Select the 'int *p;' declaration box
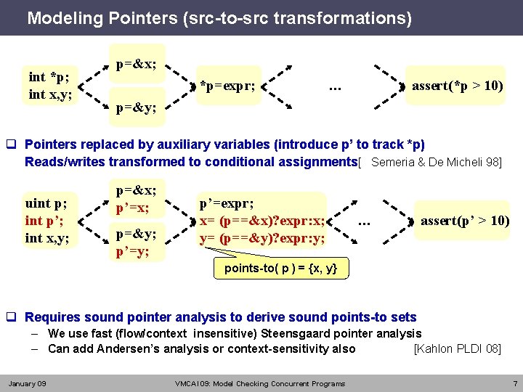pyautogui.click(x=49, y=78)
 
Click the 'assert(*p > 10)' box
pyautogui.click(x=458, y=86)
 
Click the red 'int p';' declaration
pyautogui.click(x=44, y=221)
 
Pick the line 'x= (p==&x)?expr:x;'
pyautogui.click(x=262, y=221)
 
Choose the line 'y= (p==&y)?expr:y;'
pyautogui.click(x=262, y=237)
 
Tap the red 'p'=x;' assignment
pyautogui.click(x=133, y=208)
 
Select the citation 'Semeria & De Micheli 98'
pyautogui.click(x=434, y=162)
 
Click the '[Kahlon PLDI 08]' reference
pyautogui.click(x=457, y=348)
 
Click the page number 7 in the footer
pyautogui.click(x=513, y=383)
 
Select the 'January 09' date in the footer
pyautogui.click(x=27, y=383)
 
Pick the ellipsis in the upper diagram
pyautogui.click(x=335, y=88)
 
